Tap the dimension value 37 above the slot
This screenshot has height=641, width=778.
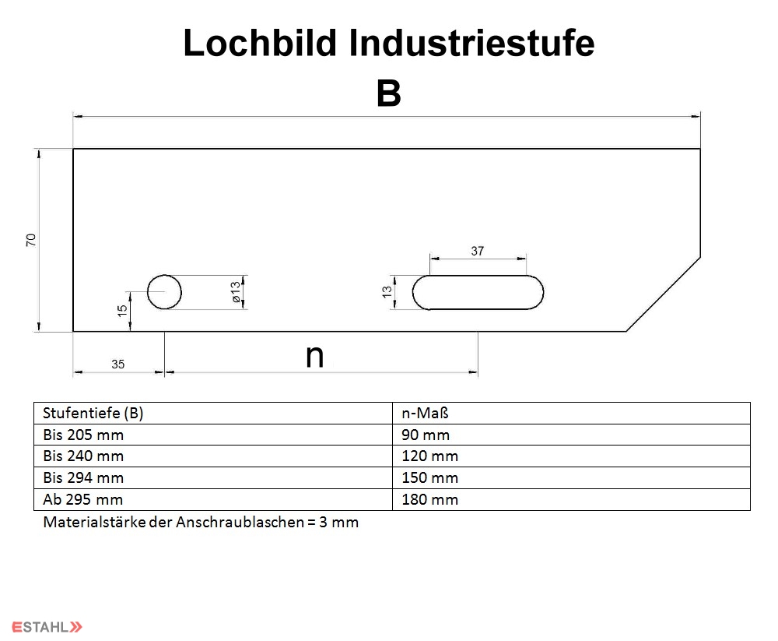click(x=478, y=251)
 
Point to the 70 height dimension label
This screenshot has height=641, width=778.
click(x=31, y=240)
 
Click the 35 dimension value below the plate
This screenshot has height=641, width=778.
click(x=117, y=365)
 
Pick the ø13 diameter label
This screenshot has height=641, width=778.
click(x=235, y=291)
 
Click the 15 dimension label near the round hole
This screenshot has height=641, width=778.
click(x=122, y=311)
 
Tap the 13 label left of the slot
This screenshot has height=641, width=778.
click(x=387, y=291)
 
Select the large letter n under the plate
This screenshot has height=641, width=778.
click(x=314, y=356)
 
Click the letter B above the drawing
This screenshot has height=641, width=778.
click(x=388, y=93)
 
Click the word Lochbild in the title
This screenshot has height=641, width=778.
click(x=260, y=43)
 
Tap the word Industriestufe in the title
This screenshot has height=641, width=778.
click(x=471, y=43)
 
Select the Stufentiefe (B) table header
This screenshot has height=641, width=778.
click(x=93, y=413)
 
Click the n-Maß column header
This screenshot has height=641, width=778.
click(x=425, y=413)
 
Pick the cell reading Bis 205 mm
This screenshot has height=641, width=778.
click(x=83, y=435)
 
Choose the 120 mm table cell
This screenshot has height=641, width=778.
click(x=429, y=456)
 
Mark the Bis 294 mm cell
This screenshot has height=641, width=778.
click(x=83, y=477)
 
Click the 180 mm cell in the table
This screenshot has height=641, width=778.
click(x=429, y=499)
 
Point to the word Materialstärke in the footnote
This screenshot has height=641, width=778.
click(x=94, y=523)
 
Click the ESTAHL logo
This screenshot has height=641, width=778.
click(x=47, y=627)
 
